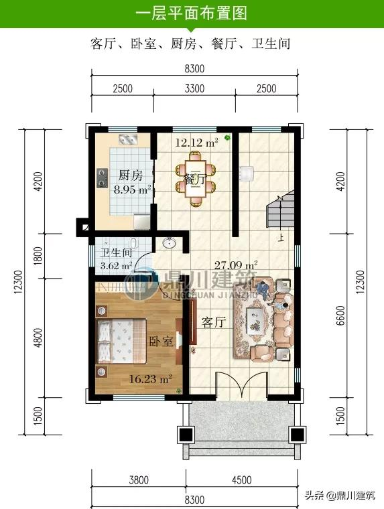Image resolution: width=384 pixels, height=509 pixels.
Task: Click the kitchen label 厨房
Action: [130, 175]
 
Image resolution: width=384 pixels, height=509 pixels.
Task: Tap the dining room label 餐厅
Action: [195, 179]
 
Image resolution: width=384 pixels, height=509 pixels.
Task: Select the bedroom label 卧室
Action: [161, 341]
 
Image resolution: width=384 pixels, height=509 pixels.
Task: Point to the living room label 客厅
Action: [213, 322]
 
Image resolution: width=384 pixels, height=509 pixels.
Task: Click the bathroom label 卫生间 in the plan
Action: [116, 252]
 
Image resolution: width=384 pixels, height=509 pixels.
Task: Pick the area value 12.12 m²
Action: [196, 142]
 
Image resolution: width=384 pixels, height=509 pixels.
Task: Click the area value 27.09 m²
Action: [236, 265]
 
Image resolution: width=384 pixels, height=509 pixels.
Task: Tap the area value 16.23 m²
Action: [150, 378]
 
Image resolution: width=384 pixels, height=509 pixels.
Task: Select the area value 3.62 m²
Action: [116, 265]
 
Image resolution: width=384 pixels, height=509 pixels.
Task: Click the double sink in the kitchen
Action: [128, 139]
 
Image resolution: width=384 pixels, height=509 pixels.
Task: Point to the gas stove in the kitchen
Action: [103, 178]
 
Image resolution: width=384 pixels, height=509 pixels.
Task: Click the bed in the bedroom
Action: [121, 341]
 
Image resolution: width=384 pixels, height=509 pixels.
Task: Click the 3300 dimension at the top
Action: [194, 88]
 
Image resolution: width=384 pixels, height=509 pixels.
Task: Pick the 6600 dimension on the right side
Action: [340, 315]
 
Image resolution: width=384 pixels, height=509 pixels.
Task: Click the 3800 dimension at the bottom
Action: [139, 480]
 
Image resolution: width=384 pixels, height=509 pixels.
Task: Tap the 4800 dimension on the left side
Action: [38, 338]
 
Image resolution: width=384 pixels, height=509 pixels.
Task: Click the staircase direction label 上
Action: [281, 238]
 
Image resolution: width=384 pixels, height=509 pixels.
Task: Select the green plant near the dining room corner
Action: [228, 138]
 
